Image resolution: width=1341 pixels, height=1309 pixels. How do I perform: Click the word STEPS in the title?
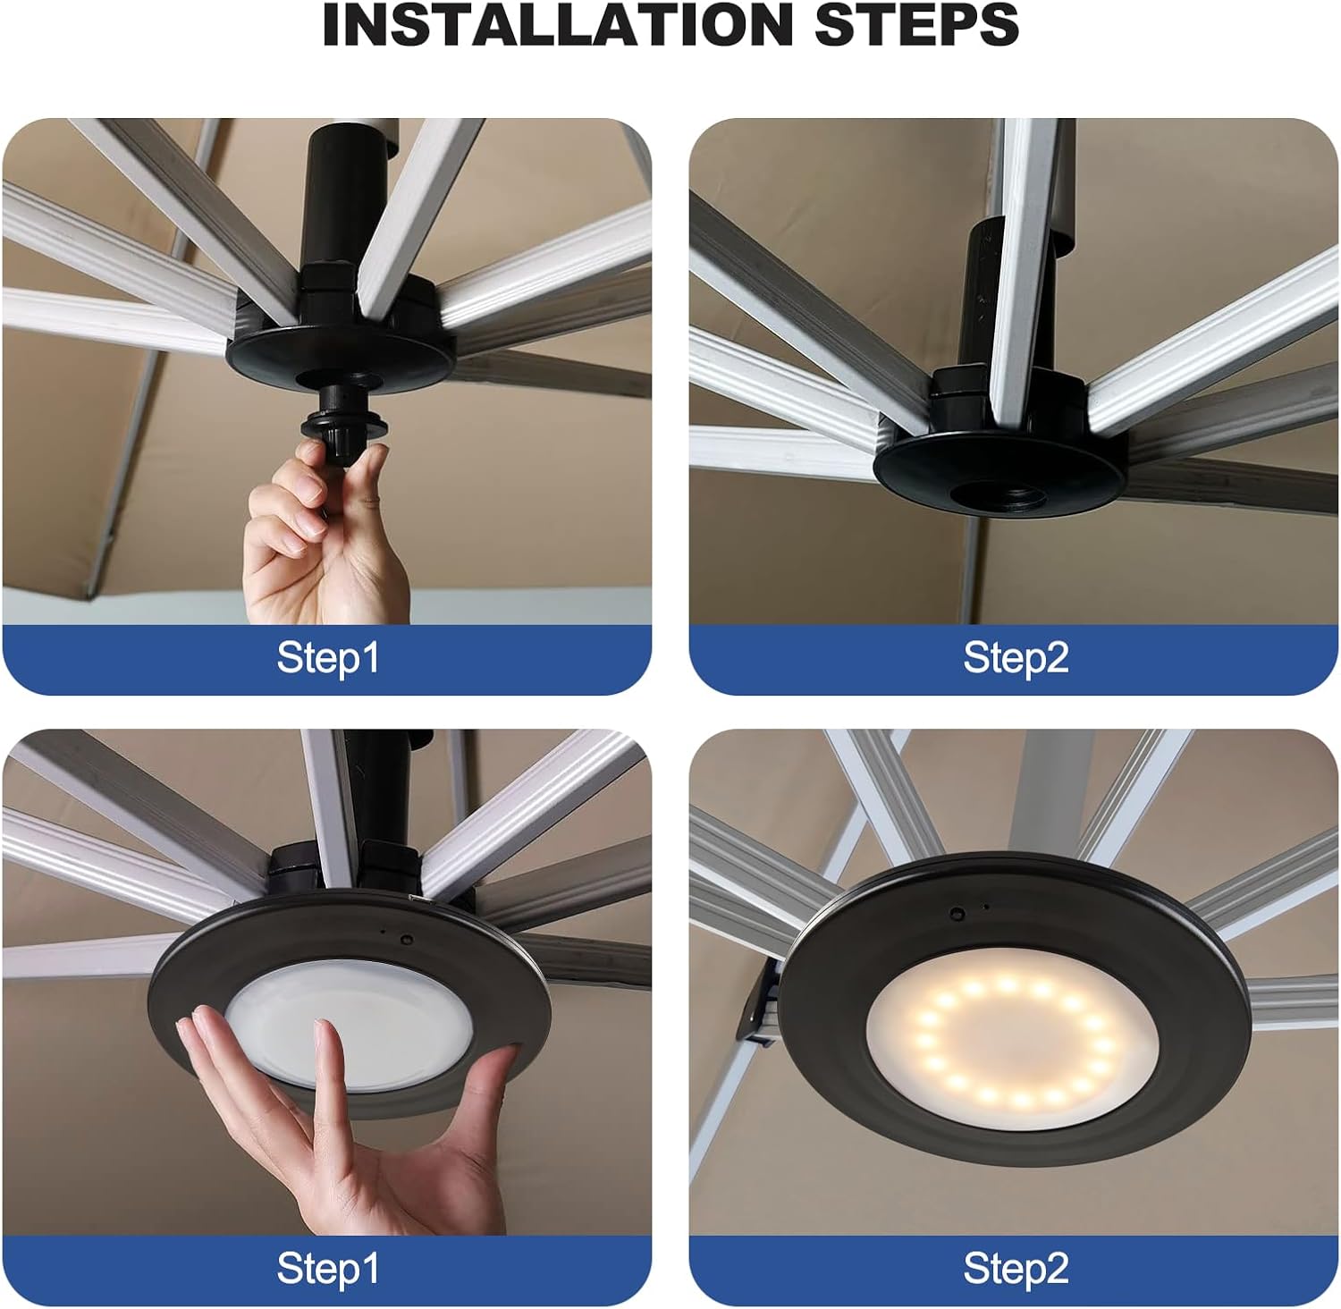coord(916,26)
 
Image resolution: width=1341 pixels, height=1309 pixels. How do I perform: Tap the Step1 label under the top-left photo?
coord(327,658)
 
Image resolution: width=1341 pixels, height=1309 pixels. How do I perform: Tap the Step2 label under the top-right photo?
coord(1016,658)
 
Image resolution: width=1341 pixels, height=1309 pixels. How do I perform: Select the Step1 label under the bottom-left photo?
coord(327,1269)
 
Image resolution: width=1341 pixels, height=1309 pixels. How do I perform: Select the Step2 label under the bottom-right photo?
coord(1016,1269)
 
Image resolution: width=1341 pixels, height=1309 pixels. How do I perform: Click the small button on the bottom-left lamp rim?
coord(406,941)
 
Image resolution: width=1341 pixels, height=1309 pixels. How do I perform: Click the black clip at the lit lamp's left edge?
coord(758,1006)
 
